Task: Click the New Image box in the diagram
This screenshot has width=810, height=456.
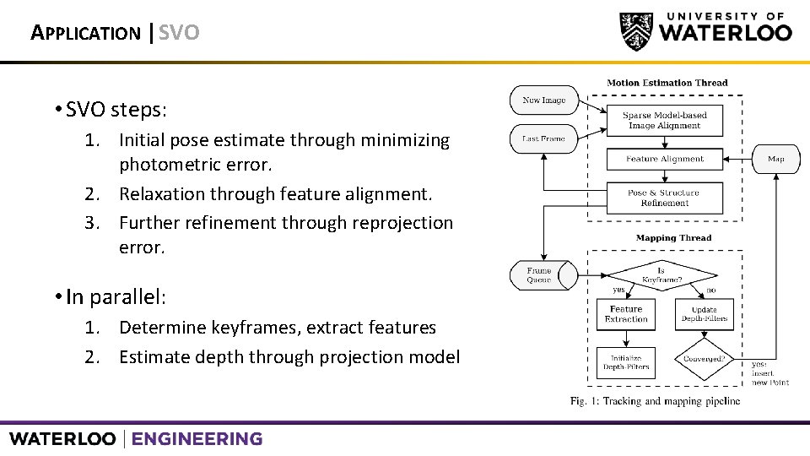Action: (x=544, y=100)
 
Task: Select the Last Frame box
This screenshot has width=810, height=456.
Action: (x=544, y=138)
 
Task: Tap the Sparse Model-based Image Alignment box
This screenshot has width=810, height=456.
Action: (x=664, y=120)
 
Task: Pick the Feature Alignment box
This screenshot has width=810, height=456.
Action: (x=664, y=159)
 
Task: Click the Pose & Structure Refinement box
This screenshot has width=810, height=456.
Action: (x=664, y=198)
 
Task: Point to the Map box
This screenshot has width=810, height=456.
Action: (x=775, y=159)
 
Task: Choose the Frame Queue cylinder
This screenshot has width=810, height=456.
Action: (x=540, y=275)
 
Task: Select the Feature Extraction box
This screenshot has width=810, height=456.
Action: (x=626, y=314)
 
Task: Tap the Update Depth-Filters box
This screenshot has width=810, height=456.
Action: (x=705, y=314)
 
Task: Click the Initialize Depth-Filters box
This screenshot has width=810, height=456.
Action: (x=626, y=362)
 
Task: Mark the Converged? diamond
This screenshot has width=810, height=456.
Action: (x=705, y=358)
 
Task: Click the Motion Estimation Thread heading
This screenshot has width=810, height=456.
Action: (x=667, y=83)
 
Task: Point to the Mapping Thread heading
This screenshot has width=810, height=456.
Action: (x=673, y=238)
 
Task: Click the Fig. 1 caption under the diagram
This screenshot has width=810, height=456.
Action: (x=655, y=400)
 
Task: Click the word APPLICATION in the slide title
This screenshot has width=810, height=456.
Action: (x=85, y=34)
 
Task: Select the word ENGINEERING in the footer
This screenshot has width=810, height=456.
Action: (x=197, y=439)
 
